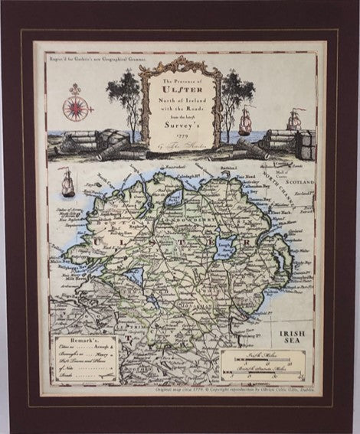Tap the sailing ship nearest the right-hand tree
[245, 120]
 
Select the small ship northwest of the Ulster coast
[68, 182]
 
